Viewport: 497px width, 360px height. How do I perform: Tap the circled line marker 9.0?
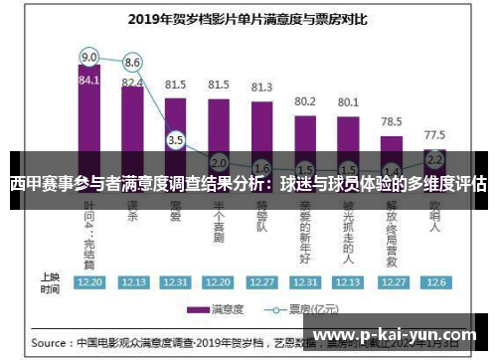coord(89,56)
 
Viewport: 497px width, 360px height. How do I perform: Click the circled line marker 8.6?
coord(132,62)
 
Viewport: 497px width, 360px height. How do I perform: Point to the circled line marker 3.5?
coord(176,141)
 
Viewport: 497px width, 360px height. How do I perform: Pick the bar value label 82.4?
coord(132,83)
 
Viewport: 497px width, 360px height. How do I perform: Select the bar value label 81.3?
coord(261,88)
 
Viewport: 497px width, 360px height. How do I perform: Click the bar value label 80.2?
coord(305,101)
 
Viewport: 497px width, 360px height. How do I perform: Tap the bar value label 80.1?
coord(348,101)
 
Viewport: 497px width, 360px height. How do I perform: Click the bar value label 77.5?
coord(434,133)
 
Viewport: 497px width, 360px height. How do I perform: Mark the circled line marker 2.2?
coord(434,157)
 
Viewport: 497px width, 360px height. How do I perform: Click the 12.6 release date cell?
coord(434,281)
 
